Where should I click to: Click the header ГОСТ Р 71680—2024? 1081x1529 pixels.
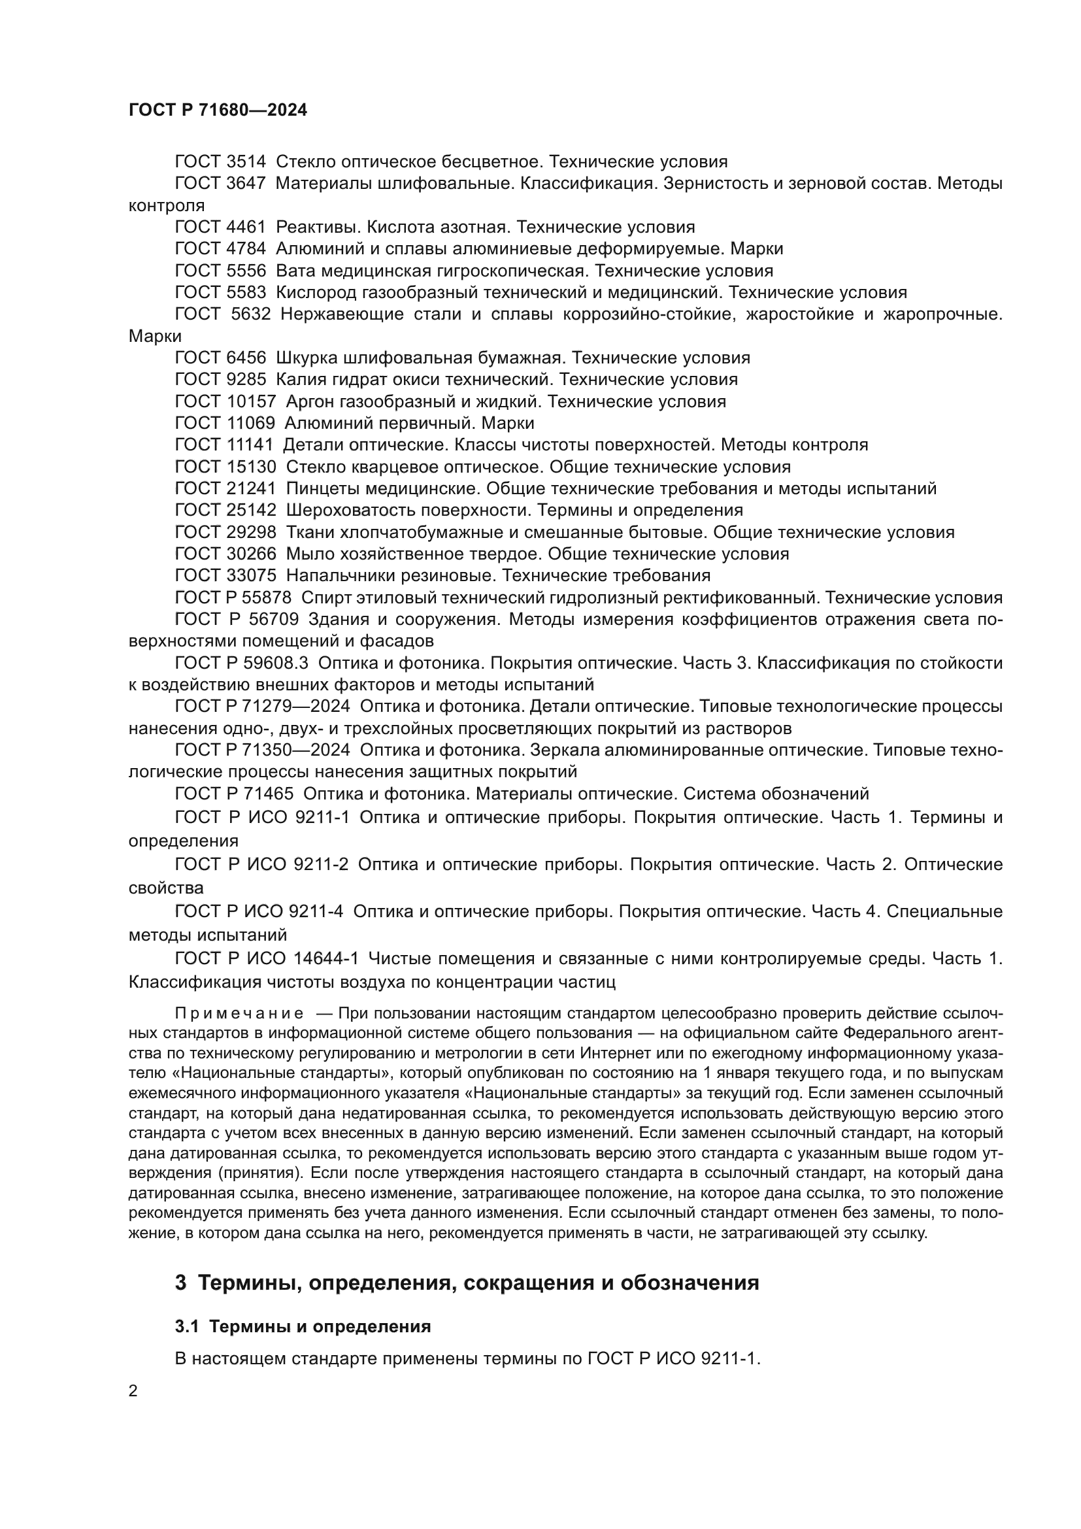pos(218,110)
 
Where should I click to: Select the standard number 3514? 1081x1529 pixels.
pos(246,161)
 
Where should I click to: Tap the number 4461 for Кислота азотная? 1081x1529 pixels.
pos(246,227)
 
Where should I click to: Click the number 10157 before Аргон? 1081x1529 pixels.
pos(251,401)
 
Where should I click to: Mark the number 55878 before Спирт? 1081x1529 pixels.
pos(269,597)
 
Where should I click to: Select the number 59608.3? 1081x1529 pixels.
pos(274,663)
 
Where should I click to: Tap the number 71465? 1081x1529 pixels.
pos(269,793)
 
